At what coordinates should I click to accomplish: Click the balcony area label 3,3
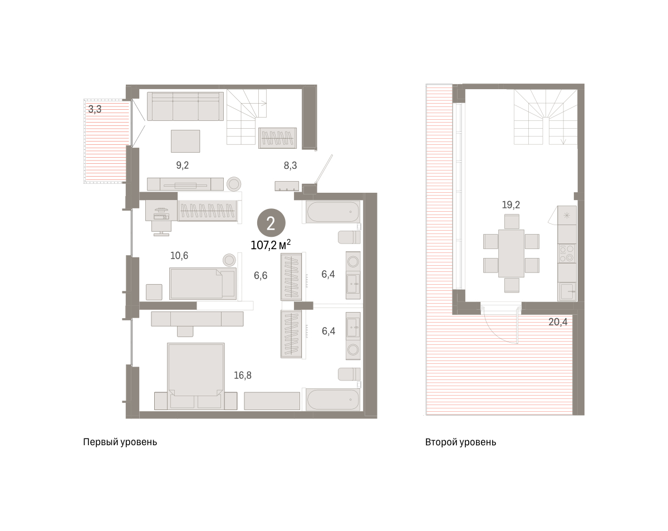[x=95, y=109]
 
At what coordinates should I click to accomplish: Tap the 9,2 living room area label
[x=183, y=165]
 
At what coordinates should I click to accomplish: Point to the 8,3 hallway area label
[x=290, y=165]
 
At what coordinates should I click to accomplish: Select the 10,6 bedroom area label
[x=179, y=255]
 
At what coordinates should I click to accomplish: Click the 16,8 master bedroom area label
[x=243, y=376]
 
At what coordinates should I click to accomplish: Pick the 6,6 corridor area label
[x=261, y=275]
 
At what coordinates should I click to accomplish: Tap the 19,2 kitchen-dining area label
[x=511, y=204]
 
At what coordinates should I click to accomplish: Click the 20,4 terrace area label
[x=558, y=322]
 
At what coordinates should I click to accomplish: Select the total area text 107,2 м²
[x=271, y=245]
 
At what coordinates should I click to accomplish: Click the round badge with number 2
[x=271, y=223]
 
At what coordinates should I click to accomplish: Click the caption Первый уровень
[x=120, y=442]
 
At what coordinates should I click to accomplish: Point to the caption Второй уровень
[x=461, y=442]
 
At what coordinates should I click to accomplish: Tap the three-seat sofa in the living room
[x=185, y=106]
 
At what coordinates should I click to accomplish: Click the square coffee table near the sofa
[x=185, y=141]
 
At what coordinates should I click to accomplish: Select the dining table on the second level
[x=511, y=253]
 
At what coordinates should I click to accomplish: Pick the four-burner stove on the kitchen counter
[x=567, y=253]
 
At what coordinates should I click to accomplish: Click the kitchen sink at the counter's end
[x=567, y=291]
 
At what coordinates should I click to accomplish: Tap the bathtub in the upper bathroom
[x=333, y=212]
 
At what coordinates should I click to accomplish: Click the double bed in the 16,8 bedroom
[x=196, y=376]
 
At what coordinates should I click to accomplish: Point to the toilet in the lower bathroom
[x=349, y=374]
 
